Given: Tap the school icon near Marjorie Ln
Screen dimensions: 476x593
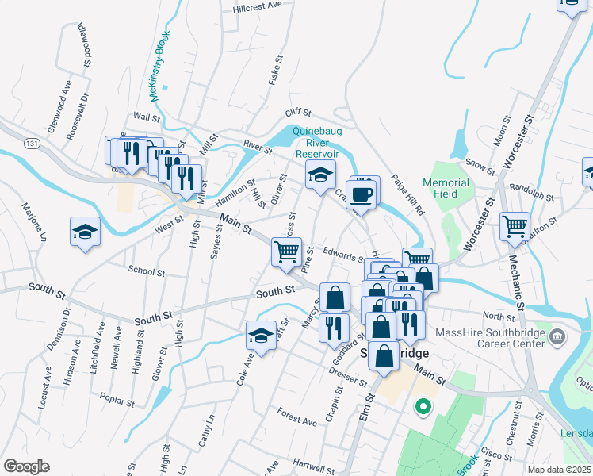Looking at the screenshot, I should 85,232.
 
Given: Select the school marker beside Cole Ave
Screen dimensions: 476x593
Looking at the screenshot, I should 261,336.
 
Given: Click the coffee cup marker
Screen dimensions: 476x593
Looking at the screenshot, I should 361,194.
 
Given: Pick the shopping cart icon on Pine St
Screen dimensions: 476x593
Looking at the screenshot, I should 286,252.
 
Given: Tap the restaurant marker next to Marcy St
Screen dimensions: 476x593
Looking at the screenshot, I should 334,327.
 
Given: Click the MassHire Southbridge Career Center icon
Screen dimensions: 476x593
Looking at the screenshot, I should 557,336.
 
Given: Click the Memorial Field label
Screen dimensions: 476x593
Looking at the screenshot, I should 446,188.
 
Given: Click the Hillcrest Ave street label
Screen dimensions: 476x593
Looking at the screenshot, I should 258,6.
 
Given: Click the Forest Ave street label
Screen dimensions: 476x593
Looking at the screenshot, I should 297,413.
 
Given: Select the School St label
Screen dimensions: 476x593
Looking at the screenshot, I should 146,271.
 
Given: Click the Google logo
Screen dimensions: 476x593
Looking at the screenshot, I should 26,466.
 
